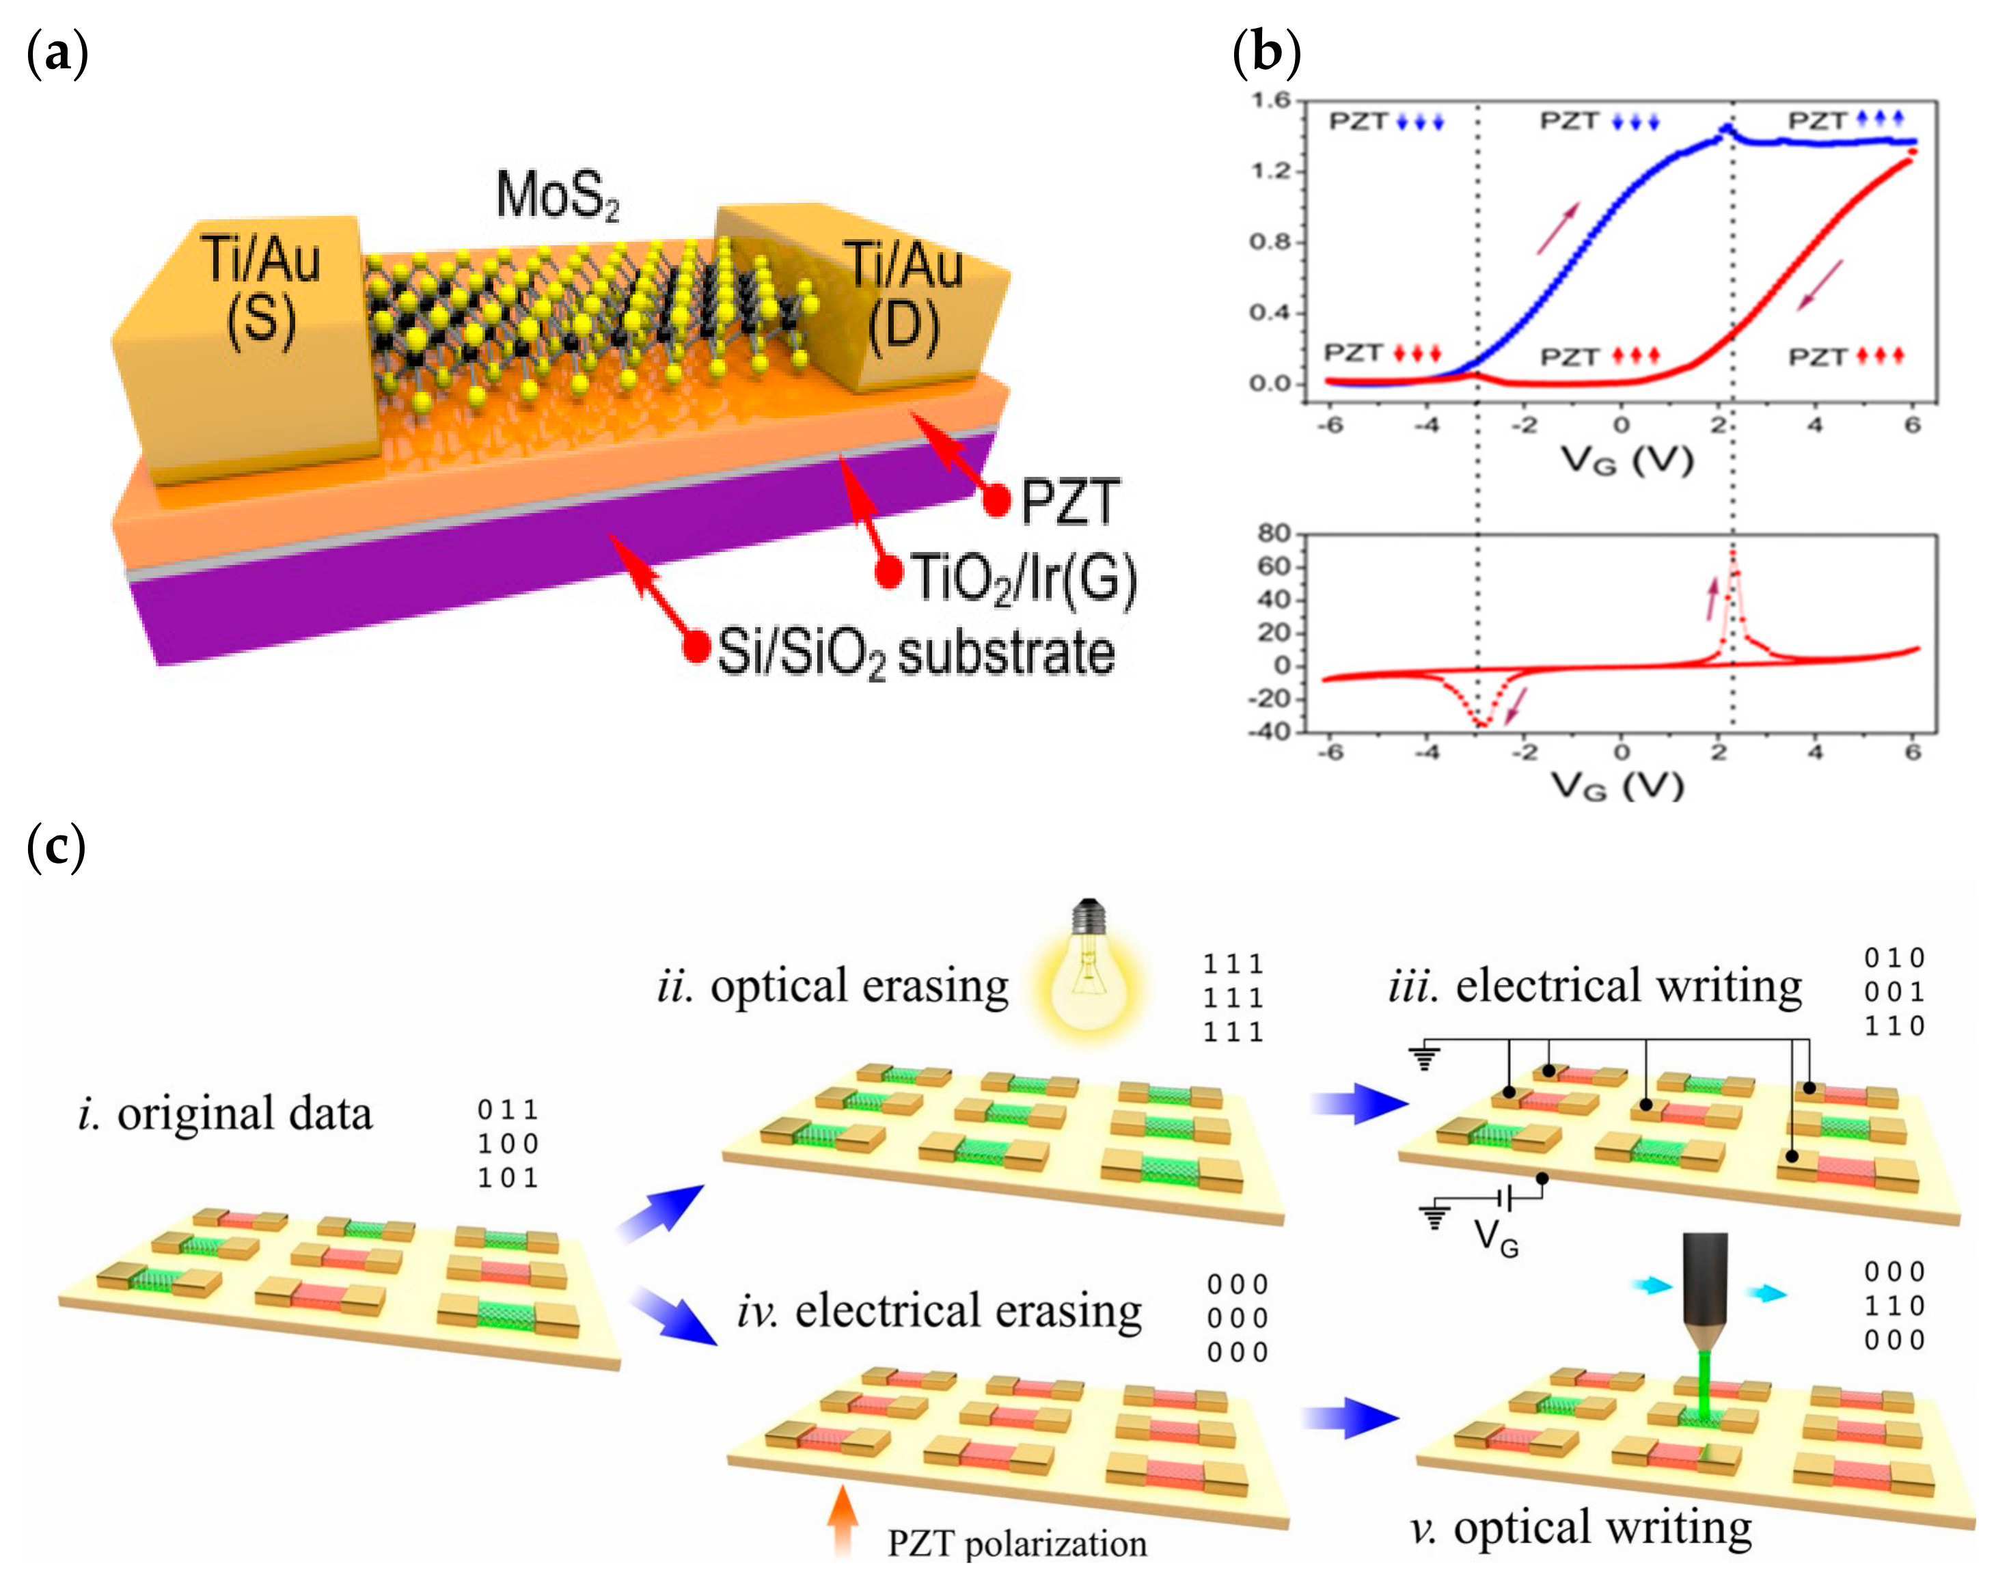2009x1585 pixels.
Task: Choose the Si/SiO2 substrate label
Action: tap(915, 652)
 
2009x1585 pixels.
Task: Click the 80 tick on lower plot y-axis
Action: tap(1273, 534)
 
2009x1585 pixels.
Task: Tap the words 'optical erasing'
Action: tap(859, 986)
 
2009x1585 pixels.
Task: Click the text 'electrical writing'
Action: tap(1628, 986)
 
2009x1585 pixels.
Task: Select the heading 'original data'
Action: tap(244, 1114)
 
